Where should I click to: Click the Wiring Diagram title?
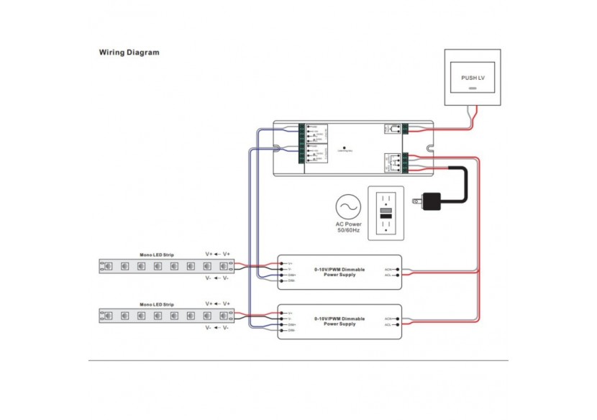tap(129, 52)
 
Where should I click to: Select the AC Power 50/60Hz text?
tap(349, 229)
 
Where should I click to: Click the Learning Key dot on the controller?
tap(345, 146)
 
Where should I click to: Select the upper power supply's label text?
tap(339, 272)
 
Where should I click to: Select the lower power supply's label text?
tap(339, 321)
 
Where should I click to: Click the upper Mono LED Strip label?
tap(157, 255)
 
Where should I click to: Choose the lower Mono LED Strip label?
tap(157, 304)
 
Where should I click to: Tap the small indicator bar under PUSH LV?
tap(472, 88)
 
